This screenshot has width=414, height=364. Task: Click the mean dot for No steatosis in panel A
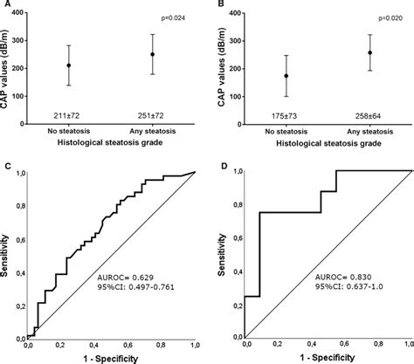point(69,65)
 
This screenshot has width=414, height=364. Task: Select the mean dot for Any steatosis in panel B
point(364,52)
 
